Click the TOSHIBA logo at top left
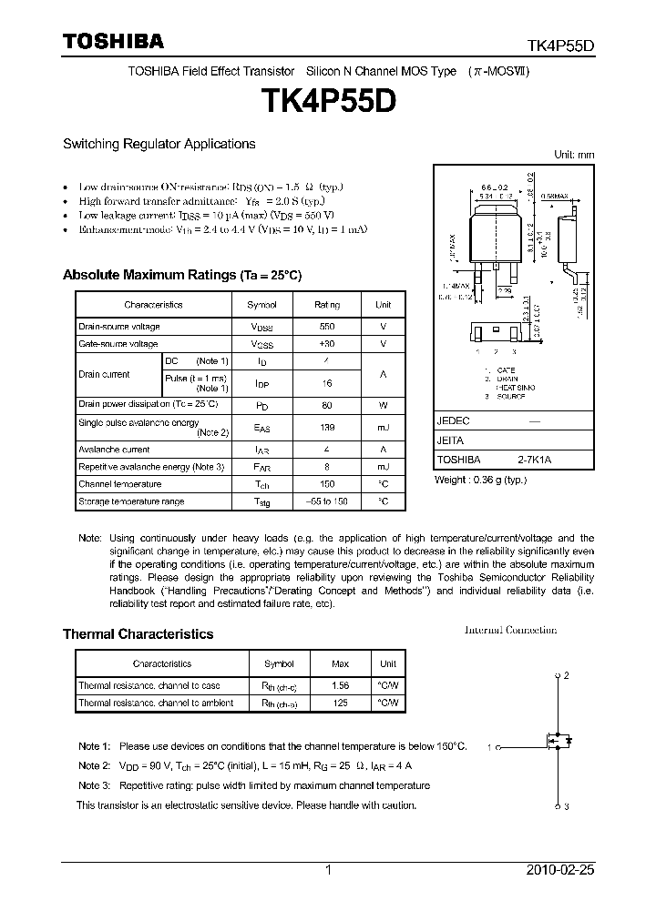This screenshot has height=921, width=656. [x=113, y=41]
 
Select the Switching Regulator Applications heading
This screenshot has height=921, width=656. [x=159, y=144]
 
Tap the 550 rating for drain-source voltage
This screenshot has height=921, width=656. [x=327, y=327]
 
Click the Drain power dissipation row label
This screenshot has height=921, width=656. [x=148, y=404]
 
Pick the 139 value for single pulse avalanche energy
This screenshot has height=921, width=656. [x=327, y=427]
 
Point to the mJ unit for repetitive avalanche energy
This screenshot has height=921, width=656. [x=384, y=467]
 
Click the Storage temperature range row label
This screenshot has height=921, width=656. [x=131, y=501]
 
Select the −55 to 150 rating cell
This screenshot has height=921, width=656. [x=327, y=501]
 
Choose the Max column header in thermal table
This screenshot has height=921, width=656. [x=342, y=664]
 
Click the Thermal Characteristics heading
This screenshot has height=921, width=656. [x=138, y=634]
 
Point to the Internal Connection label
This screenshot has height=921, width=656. [x=510, y=630]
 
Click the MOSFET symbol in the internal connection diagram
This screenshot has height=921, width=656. [x=559, y=741]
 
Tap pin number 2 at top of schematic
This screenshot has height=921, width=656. [x=566, y=675]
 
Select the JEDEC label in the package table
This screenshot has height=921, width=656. [x=453, y=422]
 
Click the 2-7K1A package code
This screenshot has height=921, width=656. [x=535, y=460]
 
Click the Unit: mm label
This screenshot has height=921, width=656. [x=574, y=155]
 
